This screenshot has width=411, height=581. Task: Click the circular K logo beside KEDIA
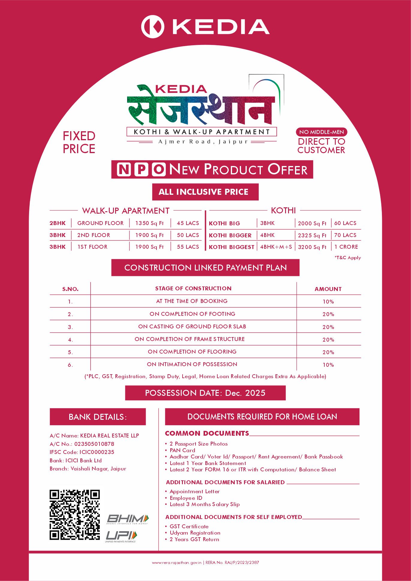[153, 27]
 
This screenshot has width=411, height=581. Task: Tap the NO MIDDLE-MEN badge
[321, 132]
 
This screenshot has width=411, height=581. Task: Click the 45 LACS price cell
[188, 223]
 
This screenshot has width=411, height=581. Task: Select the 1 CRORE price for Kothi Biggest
[346, 247]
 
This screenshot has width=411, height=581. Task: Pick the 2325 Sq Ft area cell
[312, 236]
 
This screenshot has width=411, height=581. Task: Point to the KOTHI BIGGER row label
[230, 236]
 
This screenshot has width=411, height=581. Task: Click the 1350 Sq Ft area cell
[149, 223]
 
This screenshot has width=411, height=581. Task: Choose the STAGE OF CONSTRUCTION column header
[193, 289]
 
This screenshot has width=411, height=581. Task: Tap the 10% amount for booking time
[328, 302]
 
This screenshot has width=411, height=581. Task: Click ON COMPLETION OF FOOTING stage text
[192, 314]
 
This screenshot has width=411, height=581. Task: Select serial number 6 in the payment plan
[70, 365]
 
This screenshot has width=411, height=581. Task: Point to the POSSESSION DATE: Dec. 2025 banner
[205, 393]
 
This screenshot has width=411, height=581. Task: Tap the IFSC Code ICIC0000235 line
[82, 452]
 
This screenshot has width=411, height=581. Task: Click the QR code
[75, 515]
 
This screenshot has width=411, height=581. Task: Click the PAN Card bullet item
[182, 450]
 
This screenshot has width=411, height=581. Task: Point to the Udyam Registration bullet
[195, 533]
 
